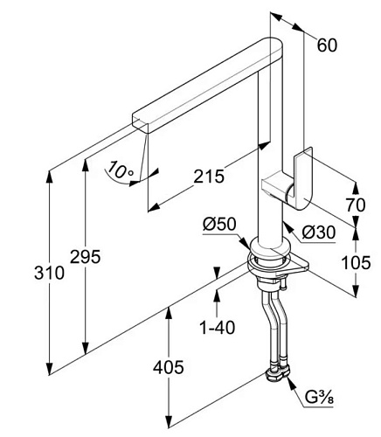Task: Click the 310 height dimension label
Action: [49, 274]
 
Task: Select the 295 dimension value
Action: [86, 257]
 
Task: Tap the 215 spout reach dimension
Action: [209, 177]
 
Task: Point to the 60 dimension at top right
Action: [327, 45]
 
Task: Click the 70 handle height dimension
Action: [356, 205]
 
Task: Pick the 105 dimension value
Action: [356, 262]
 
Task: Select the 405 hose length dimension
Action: [169, 367]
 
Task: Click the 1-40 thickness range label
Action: [217, 327]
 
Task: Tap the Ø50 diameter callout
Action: [219, 225]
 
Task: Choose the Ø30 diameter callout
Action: [319, 232]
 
